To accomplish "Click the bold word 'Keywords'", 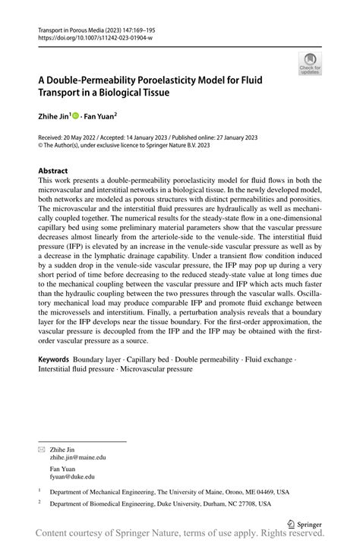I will point(54,358).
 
